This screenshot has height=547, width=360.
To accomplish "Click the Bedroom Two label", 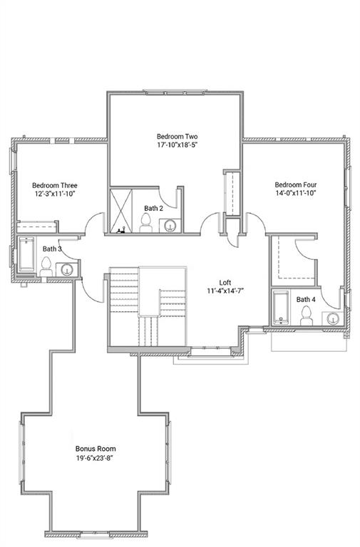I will (x=177, y=136).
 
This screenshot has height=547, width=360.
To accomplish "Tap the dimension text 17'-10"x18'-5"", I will (x=177, y=145).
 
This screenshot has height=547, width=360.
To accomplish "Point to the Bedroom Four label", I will (x=296, y=183).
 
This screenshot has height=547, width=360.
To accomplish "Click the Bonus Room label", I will (x=96, y=449).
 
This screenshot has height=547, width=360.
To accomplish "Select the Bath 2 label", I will (x=153, y=208).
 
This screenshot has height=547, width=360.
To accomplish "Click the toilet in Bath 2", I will (x=146, y=225).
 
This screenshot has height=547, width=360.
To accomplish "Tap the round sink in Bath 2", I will (x=170, y=226).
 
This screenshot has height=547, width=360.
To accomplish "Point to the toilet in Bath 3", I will (x=46, y=267).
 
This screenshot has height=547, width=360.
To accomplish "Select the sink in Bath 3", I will (x=67, y=269).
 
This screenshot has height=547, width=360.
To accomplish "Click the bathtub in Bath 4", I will (x=281, y=308).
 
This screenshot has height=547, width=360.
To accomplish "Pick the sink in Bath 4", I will (x=333, y=318).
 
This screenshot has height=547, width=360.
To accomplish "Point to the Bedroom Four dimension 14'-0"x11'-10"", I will (x=296, y=192).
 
